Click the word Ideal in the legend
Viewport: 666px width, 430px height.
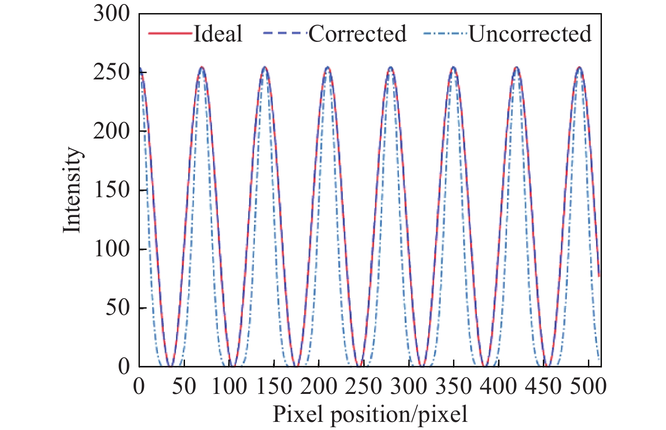click(217, 34)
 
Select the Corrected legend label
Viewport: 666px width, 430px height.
click(357, 34)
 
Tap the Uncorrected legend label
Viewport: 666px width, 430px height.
click(530, 34)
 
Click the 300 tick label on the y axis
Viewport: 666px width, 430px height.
click(111, 14)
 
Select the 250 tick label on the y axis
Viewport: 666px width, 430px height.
click(111, 72)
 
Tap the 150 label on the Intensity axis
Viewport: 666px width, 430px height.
click(111, 190)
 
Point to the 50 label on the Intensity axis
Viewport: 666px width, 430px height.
click(117, 308)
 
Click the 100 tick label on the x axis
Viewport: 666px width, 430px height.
click(229, 387)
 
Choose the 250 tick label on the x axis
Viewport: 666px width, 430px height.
click(364, 387)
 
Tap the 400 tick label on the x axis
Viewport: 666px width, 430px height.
click(499, 387)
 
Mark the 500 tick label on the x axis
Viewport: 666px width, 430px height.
click(589, 387)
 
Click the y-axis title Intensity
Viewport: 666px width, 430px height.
click(72, 190)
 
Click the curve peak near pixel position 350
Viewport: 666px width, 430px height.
click(453, 68)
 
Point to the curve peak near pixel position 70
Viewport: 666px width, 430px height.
click(202, 68)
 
